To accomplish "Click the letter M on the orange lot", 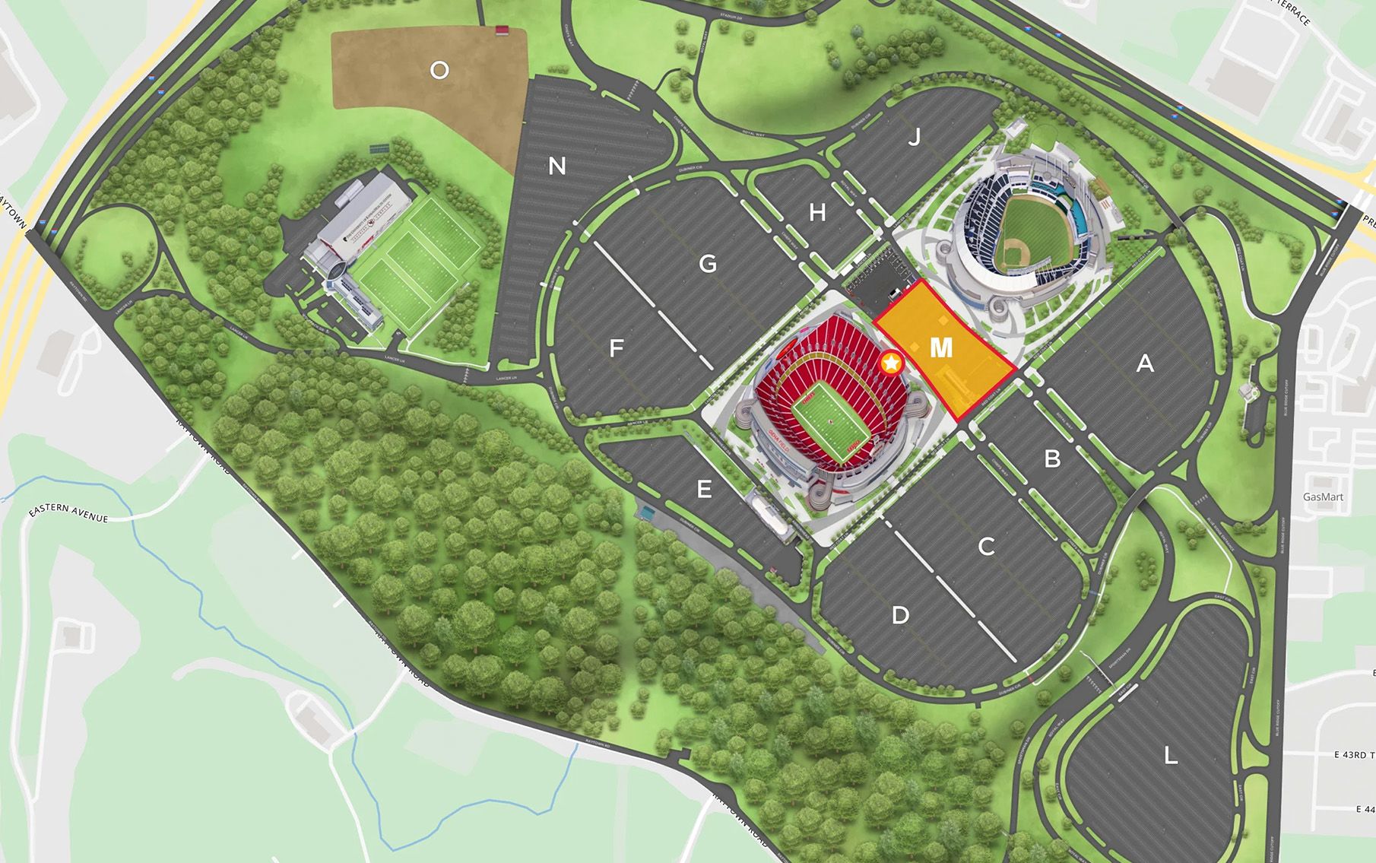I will [x=941, y=347].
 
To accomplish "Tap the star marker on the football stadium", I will [x=891, y=365].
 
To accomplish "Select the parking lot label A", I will [x=1145, y=364].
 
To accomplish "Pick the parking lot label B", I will [x=1052, y=458].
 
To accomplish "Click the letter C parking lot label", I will [x=986, y=546].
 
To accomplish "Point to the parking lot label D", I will [x=900, y=615].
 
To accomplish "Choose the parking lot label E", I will [x=704, y=490].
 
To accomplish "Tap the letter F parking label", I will [x=617, y=348].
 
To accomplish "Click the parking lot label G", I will [x=708, y=264].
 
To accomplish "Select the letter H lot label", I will [x=817, y=212].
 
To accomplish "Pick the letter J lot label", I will [x=915, y=137].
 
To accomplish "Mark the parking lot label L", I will [x=1171, y=755].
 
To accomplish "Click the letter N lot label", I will [x=557, y=166].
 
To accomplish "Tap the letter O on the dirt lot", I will [x=439, y=71].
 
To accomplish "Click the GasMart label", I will [x=1323, y=497].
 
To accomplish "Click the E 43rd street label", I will [x=1354, y=755].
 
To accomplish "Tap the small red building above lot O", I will [x=502, y=30].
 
